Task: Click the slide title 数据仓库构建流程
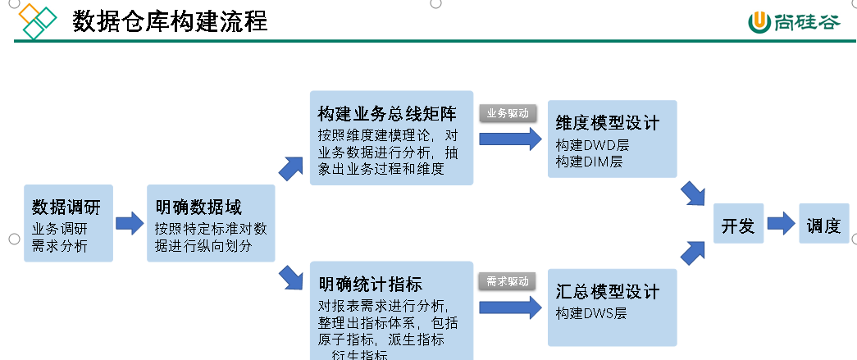[170, 21]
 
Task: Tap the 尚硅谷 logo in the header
[793, 21]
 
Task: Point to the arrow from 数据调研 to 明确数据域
[130, 223]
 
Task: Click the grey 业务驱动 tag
[508, 113]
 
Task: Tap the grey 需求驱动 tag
[508, 281]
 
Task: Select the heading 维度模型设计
[607, 124]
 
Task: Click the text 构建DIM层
[589, 162]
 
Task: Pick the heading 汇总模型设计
[607, 293]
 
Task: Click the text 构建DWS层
[591, 313]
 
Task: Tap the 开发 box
[738, 226]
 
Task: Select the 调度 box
[823, 226]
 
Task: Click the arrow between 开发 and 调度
[781, 223]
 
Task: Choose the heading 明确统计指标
[371, 285]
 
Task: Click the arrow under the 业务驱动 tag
[509, 139]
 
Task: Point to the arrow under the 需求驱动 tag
[509, 307]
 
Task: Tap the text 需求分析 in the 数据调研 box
[60, 245]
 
